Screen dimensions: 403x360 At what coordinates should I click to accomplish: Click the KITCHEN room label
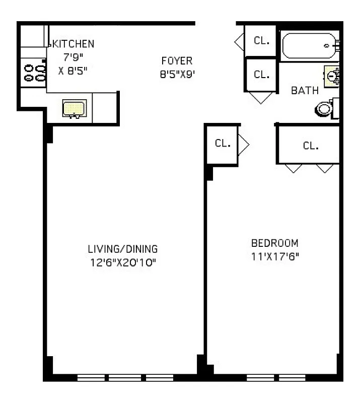(74, 44)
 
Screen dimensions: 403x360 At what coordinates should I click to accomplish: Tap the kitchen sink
(75, 108)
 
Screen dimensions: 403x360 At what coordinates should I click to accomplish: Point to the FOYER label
(177, 61)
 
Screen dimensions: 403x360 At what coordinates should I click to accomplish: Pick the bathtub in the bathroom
(308, 46)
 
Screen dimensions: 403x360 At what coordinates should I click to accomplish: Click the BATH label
(305, 91)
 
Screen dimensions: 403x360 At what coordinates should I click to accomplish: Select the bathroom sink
(332, 76)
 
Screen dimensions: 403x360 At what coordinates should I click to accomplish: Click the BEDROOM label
(274, 243)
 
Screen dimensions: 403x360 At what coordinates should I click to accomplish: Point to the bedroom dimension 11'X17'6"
(274, 255)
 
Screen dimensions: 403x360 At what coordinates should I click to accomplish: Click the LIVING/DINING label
(123, 249)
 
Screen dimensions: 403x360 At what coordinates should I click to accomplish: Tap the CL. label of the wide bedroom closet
(311, 146)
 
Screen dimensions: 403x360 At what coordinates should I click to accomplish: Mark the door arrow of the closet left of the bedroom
(244, 144)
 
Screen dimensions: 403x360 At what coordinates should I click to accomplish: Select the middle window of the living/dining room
(125, 377)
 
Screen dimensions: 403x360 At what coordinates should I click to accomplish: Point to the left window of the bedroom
(262, 377)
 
